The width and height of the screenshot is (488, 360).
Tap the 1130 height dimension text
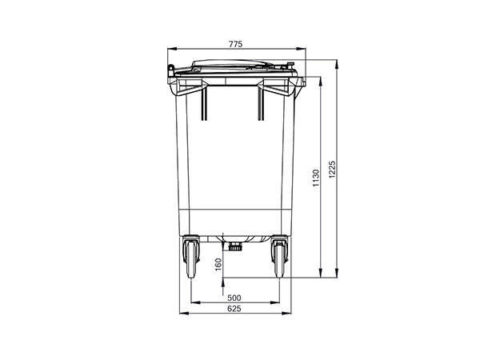(x=317, y=178)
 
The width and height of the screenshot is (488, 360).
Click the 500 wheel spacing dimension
(x=234, y=298)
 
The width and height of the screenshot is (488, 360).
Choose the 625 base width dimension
(x=234, y=309)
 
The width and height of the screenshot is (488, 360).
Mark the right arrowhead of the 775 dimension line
(x=303, y=50)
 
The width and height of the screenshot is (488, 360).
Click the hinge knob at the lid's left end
(x=170, y=74)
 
